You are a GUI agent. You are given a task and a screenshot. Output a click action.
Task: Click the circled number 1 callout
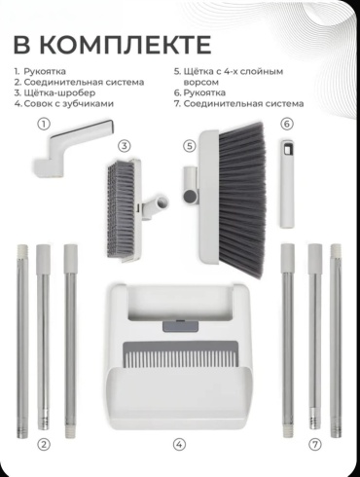pos(44,124)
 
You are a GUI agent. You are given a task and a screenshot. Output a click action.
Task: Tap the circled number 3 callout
pos(125,146)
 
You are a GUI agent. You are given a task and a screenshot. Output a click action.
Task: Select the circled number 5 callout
pos(190,146)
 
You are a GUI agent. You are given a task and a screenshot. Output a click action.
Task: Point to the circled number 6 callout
pos(287,124)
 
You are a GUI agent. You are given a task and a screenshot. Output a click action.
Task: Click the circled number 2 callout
pos(44,444)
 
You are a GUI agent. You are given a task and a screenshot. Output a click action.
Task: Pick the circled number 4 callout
pos(179,444)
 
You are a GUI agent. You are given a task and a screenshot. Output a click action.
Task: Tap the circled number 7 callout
pos(314,444)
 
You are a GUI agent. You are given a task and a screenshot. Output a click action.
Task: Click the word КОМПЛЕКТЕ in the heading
pos(126,44)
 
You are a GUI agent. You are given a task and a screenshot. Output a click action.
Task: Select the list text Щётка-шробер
pos(59,92)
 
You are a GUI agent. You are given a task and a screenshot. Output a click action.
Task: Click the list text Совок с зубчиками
pos(69,104)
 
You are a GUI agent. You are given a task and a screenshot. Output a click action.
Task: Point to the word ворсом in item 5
pos(201,83)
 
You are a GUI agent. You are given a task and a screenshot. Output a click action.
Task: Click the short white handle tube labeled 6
pos(288,183)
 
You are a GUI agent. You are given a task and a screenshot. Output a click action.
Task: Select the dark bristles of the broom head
pos(241,200)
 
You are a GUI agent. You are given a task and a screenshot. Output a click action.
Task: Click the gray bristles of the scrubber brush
pos(121,210)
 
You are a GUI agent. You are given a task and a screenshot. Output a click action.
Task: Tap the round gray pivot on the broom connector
pos(190,196)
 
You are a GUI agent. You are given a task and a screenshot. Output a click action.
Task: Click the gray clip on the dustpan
pos(180,326)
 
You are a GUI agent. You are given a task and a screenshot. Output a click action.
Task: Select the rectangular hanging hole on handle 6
pos(288,150)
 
